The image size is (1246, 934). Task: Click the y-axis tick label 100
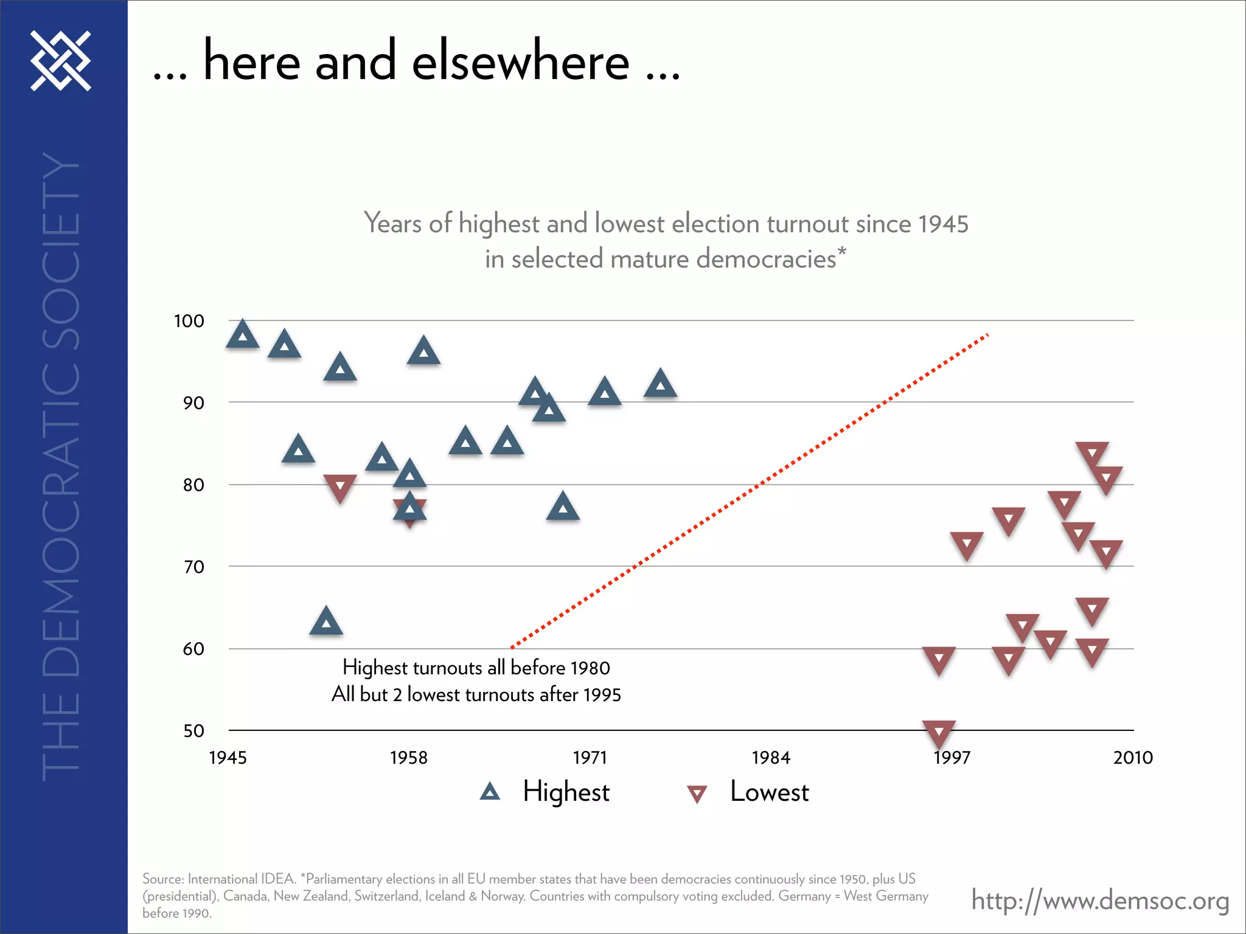click(x=189, y=321)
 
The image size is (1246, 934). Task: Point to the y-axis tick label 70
click(x=193, y=567)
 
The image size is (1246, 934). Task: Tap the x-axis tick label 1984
click(x=771, y=758)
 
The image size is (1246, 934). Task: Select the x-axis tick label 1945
click(x=228, y=758)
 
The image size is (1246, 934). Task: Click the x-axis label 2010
click(x=1133, y=758)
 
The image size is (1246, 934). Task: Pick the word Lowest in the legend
click(x=769, y=792)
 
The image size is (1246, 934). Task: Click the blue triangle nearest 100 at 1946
click(x=243, y=334)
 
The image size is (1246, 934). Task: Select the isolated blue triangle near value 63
click(x=326, y=622)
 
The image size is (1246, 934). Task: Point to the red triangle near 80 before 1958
click(x=340, y=488)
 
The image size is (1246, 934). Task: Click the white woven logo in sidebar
click(x=61, y=61)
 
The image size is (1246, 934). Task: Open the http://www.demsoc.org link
click(x=1100, y=900)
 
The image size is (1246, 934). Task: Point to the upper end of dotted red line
click(x=987, y=334)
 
